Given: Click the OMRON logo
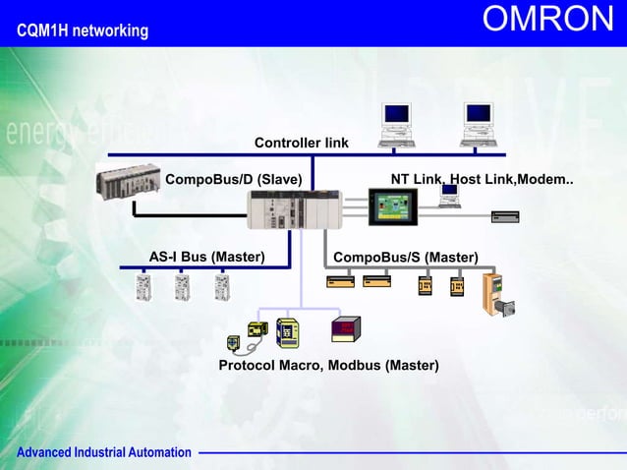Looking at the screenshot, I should click(x=547, y=21).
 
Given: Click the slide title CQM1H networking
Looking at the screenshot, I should click(x=83, y=31).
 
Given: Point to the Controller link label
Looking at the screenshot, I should click(x=301, y=144).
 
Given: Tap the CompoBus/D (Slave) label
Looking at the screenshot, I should click(x=233, y=179).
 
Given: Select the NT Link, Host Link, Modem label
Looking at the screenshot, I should click(x=482, y=179).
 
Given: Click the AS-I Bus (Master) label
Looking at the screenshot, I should click(x=206, y=257).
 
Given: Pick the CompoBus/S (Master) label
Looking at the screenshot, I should click(x=406, y=258).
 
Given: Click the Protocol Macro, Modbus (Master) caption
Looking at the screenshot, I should click(x=328, y=366).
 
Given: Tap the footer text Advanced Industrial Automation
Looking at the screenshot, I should click(x=103, y=452).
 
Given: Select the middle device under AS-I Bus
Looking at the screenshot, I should click(x=183, y=286).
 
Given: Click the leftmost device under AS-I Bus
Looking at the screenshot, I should click(x=144, y=286).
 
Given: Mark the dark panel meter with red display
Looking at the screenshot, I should click(x=345, y=328).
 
